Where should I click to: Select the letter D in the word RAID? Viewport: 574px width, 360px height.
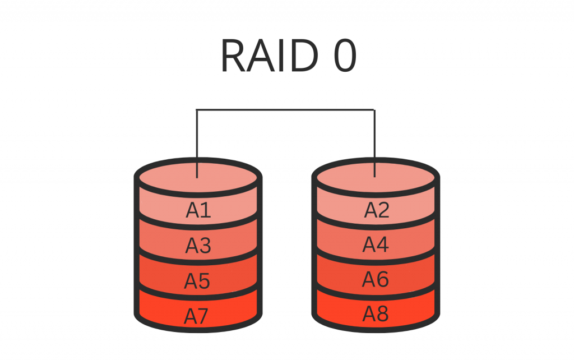tap(307, 57)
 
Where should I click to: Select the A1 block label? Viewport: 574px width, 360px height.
tap(198, 210)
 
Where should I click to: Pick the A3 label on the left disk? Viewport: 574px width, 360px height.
tap(198, 246)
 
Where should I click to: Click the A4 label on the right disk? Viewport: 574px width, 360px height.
tap(376, 244)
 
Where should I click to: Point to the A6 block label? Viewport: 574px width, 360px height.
tap(376, 279)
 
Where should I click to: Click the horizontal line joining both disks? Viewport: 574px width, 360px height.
tap(286, 110)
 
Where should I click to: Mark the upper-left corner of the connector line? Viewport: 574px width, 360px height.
tap(197, 110)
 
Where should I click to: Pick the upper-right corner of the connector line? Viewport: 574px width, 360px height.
tap(374, 110)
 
